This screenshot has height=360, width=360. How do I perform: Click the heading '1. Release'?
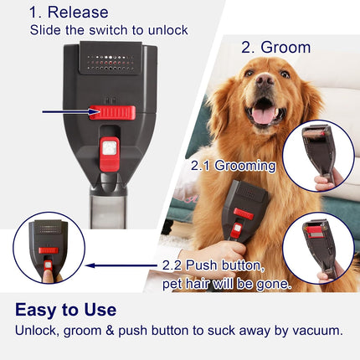[x=69, y=12]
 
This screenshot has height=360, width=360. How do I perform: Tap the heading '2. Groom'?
[x=275, y=47]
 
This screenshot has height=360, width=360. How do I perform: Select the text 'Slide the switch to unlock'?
[x=109, y=30]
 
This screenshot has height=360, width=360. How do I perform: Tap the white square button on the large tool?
[x=106, y=150]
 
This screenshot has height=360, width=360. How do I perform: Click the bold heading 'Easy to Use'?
[x=65, y=310]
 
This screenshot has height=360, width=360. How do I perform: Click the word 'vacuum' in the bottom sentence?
[x=307, y=332]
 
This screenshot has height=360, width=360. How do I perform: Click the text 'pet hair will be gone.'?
[x=226, y=284]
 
